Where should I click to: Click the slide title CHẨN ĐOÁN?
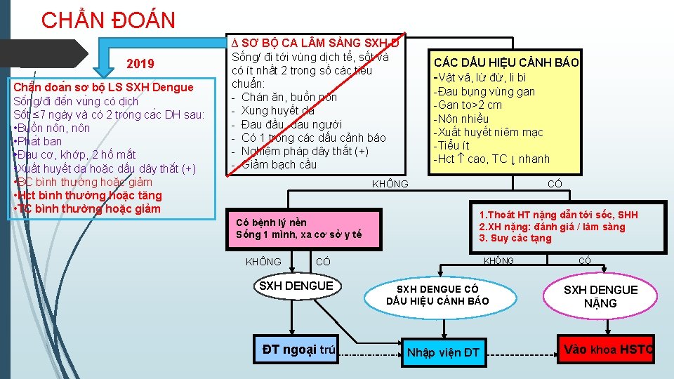(108, 20)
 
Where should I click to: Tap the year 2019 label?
(140, 65)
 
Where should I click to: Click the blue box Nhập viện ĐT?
(442, 352)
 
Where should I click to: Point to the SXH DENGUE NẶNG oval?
(600, 297)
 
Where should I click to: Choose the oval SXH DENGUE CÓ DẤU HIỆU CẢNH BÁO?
(437, 295)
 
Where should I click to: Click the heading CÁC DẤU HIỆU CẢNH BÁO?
(505, 62)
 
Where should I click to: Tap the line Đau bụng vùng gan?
(484, 91)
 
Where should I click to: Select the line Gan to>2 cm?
(468, 105)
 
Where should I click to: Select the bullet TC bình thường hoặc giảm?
(87, 208)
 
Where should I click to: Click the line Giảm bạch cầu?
(279, 164)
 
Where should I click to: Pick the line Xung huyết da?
(277, 110)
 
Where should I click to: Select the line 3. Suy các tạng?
(516, 238)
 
